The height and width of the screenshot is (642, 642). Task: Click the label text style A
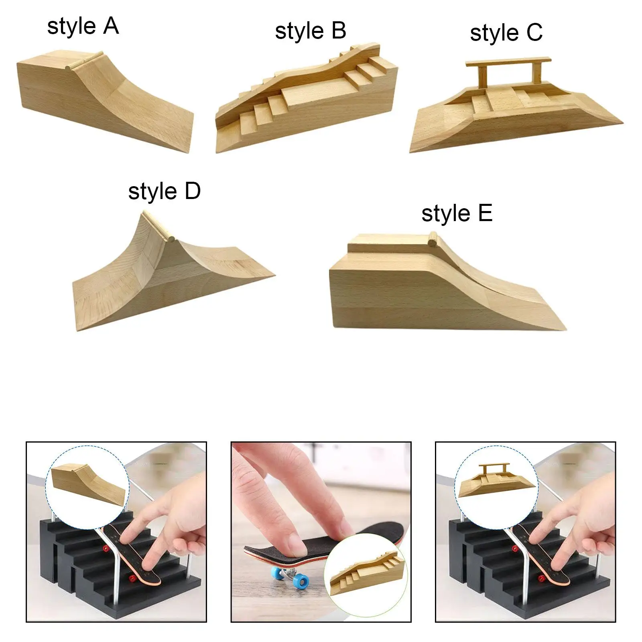click(x=83, y=26)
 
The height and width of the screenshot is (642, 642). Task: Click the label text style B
click(x=310, y=31)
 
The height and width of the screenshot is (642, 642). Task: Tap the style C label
click(x=506, y=33)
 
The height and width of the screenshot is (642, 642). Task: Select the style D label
click(x=164, y=191)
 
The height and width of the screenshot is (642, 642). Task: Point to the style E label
click(x=457, y=213)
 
